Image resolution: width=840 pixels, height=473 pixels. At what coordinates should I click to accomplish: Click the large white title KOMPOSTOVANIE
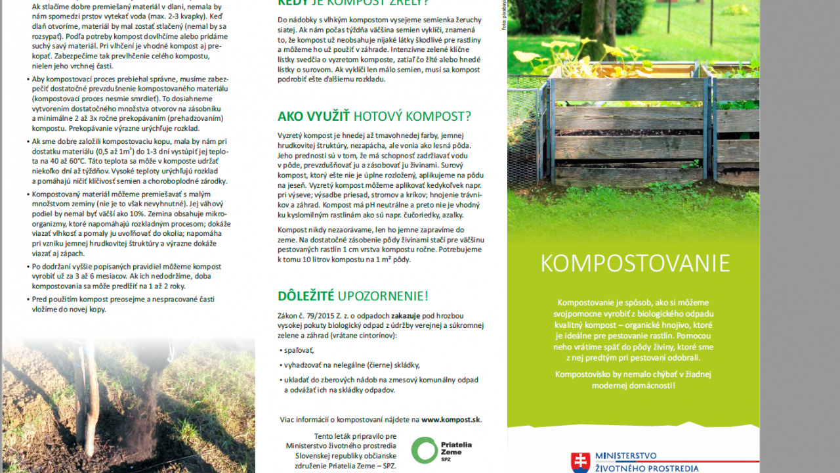(635, 263)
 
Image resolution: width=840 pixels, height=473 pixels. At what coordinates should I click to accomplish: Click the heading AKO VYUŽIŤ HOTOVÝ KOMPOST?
(374, 116)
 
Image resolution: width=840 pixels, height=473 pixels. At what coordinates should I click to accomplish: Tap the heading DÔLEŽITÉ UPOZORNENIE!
(352, 296)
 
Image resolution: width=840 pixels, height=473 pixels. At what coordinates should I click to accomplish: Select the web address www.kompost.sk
(451, 419)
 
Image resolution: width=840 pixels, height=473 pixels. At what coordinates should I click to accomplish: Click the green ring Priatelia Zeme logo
(424, 450)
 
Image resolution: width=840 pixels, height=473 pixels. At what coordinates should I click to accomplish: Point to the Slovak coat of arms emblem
(580, 462)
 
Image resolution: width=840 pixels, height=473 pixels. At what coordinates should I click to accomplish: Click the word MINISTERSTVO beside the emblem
(625, 456)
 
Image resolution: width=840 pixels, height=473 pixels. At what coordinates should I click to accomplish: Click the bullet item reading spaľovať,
(299, 350)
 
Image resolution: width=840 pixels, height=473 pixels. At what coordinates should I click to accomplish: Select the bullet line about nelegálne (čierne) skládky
(352, 365)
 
